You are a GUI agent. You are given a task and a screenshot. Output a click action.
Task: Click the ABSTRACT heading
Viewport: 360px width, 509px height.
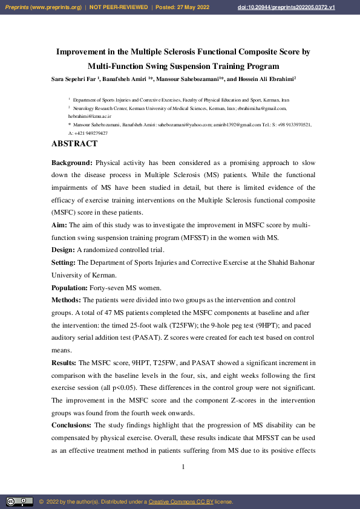[x=74, y=144]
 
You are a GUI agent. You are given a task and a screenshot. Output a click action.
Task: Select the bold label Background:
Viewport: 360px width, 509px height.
[x=72, y=163]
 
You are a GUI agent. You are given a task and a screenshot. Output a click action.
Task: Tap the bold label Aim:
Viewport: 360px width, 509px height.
[x=59, y=225]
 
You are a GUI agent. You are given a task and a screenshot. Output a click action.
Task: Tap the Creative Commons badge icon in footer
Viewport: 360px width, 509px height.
[x=19, y=502]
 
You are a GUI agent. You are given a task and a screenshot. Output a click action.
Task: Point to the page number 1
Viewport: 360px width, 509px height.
[x=183, y=467]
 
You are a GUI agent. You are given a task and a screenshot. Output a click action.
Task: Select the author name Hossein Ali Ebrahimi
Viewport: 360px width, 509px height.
[x=262, y=79]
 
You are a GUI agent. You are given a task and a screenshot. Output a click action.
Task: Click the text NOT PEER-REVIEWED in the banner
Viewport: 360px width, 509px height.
[x=119, y=7]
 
